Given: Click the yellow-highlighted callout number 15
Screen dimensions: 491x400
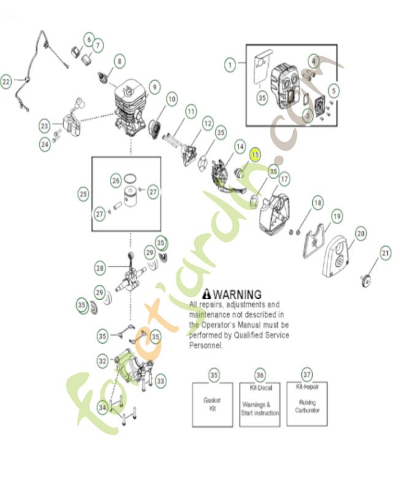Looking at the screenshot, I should pyautogui.click(x=255, y=156).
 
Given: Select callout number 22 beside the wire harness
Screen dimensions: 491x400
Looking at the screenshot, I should pyautogui.click(x=6, y=81).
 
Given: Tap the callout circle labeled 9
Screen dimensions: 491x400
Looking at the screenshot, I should pyautogui.click(x=153, y=87).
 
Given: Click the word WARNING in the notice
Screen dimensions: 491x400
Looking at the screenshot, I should pyautogui.click(x=237, y=295).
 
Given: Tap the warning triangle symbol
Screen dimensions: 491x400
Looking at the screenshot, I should pyautogui.click(x=207, y=294).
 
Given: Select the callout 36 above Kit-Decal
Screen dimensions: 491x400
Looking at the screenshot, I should pyautogui.click(x=260, y=374).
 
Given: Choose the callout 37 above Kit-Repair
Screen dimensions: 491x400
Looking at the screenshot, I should pyautogui.click(x=307, y=373).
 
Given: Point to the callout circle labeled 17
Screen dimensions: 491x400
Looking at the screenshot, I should pyautogui.click(x=284, y=179).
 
